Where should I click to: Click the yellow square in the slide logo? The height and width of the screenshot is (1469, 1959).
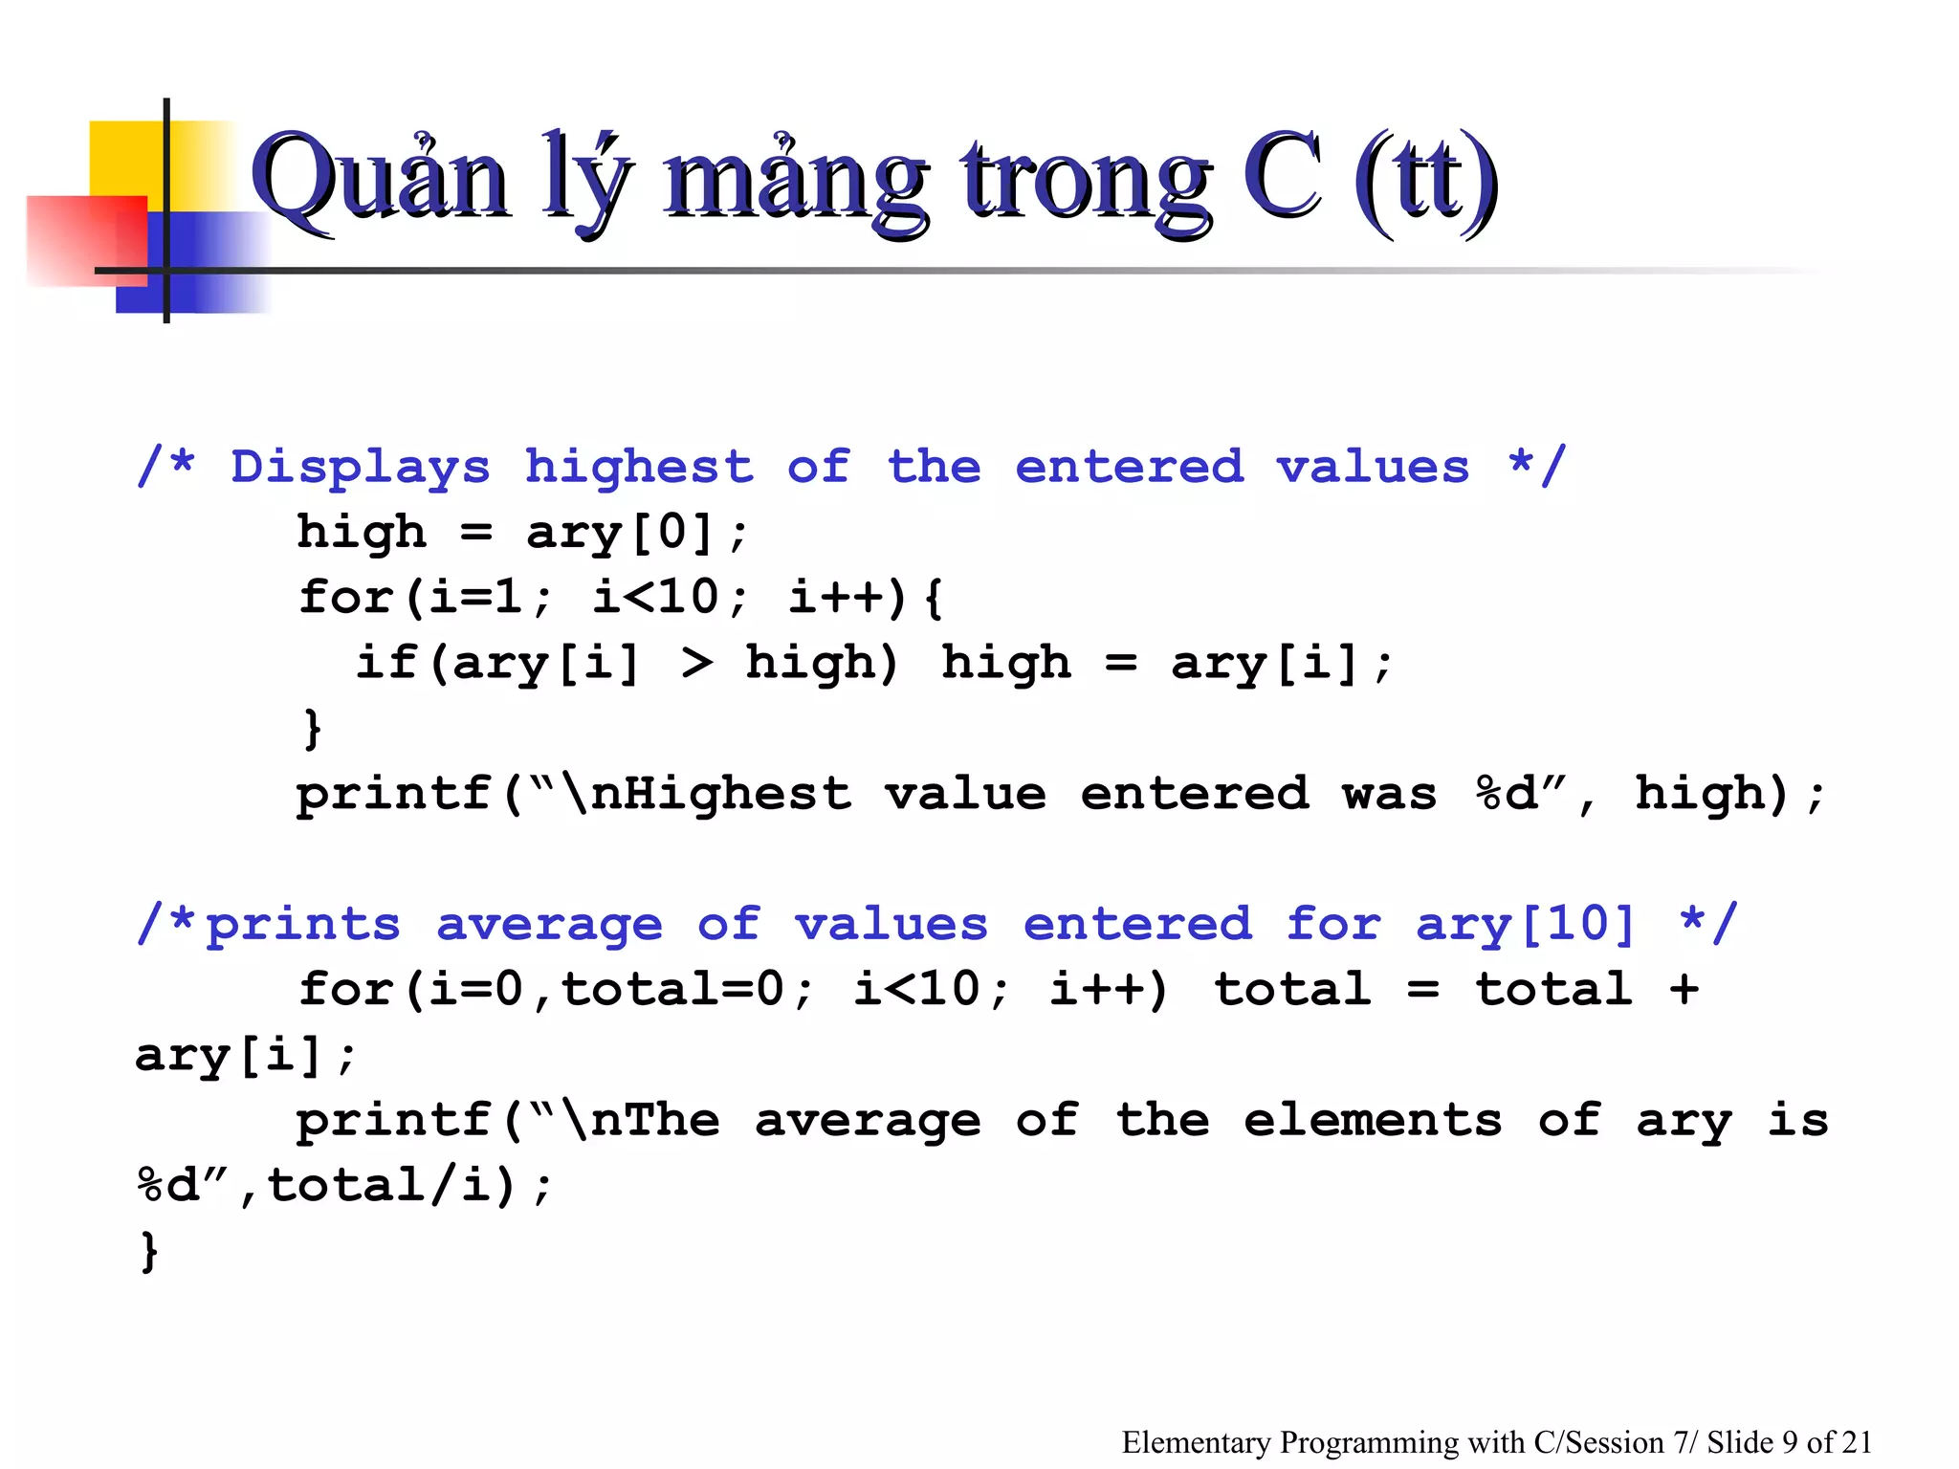129,158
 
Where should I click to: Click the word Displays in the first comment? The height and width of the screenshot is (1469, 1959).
361,468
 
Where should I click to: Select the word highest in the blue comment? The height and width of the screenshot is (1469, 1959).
639,468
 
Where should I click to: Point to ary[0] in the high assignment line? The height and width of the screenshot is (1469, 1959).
621,533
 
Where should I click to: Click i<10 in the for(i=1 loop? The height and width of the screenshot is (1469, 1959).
655,598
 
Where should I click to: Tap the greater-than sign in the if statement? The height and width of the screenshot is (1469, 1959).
697,663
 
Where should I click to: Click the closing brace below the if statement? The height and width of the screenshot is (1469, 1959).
312,729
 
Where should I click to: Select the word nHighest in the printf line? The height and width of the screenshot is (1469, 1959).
720,794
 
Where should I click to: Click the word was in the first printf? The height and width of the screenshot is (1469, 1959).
1390,794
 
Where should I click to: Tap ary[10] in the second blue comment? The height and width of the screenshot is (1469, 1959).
1526,925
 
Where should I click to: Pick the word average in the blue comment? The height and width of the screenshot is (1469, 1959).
549,925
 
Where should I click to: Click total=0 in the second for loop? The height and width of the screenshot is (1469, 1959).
672,990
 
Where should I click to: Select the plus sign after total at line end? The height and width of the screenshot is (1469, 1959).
1684,990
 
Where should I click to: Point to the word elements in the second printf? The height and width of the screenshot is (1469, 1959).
1373,1121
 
